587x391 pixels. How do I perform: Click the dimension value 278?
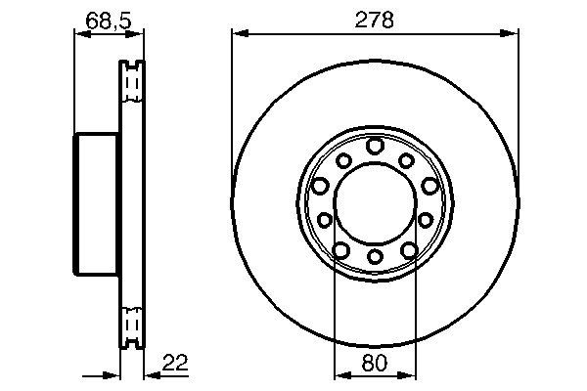click(x=376, y=21)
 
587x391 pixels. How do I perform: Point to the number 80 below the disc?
click(x=376, y=364)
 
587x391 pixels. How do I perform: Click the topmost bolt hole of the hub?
click(x=376, y=146)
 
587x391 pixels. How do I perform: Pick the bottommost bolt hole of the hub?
click(x=376, y=259)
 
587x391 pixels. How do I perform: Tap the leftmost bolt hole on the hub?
click(x=319, y=185)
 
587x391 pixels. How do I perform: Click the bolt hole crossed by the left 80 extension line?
click(x=340, y=252)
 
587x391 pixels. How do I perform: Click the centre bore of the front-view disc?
click(x=376, y=202)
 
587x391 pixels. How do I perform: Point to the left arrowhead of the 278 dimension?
click(x=237, y=33)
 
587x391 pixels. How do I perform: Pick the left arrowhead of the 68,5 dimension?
click(x=80, y=33)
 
